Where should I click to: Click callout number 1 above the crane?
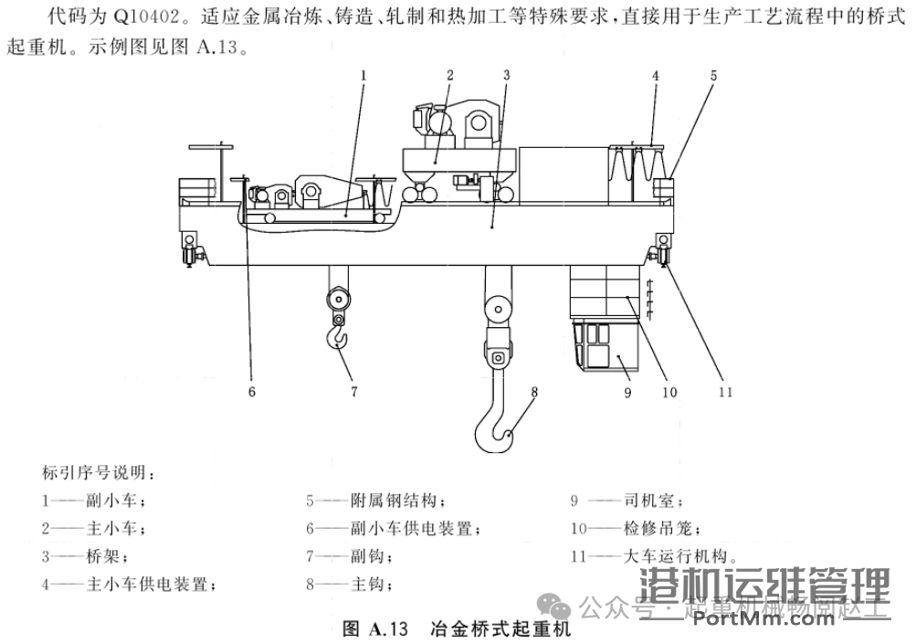click(363, 77)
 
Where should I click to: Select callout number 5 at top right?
click(713, 77)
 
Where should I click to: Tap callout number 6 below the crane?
click(251, 392)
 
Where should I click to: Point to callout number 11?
click(725, 392)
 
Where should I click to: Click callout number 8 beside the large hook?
click(535, 393)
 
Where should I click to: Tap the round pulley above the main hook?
click(498, 311)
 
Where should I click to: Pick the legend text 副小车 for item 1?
click(111, 501)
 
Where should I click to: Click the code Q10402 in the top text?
click(147, 16)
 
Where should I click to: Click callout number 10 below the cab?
click(669, 392)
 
